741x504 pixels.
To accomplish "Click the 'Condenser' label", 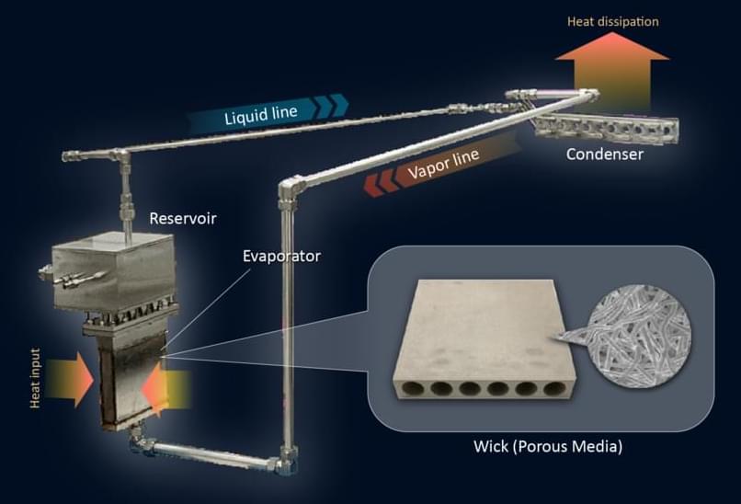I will point(604,155).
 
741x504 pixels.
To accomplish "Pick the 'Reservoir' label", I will point(178,219).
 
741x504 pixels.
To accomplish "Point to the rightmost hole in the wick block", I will point(553,389).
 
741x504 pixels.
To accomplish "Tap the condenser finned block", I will point(606,130).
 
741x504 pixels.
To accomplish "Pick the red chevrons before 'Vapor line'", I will point(380,184).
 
